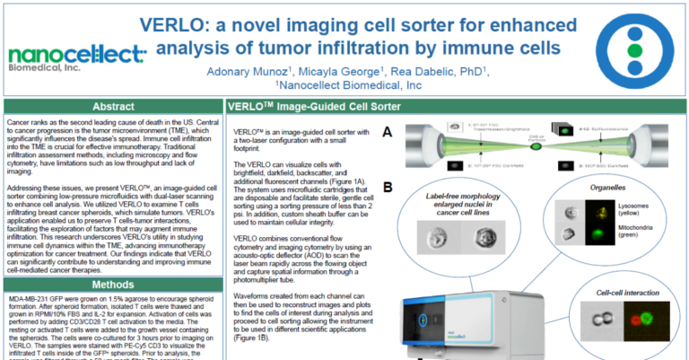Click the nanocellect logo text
[x=77, y=53]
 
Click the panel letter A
[x=387, y=132]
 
